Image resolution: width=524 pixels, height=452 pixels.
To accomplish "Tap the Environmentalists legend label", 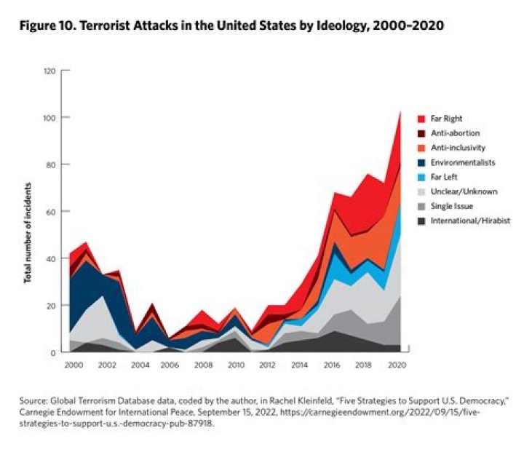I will coord(464,162).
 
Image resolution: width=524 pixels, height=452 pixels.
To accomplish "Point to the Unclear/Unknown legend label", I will coord(464,191).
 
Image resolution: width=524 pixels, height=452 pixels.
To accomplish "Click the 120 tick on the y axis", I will coord(49,71).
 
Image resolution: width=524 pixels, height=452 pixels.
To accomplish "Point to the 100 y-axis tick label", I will coord(49,118).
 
